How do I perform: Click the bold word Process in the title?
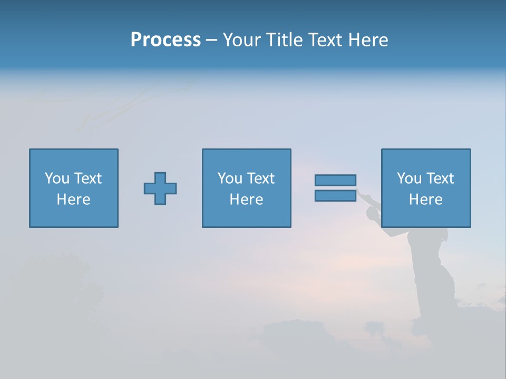coord(166,40)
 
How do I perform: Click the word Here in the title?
coord(368,40)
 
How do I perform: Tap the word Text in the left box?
coord(87,178)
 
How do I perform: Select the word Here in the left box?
coord(73,200)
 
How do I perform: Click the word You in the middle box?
coord(230,178)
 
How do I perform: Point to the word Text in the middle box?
coord(260,178)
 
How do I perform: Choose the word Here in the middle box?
coord(246,200)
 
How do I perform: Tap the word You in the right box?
coord(409,178)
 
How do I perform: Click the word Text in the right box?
coord(439,178)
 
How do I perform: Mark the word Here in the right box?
coord(425,200)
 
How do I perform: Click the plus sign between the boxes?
coord(160,188)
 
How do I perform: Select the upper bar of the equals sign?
coord(335,180)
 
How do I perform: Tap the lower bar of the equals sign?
coord(335,196)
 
